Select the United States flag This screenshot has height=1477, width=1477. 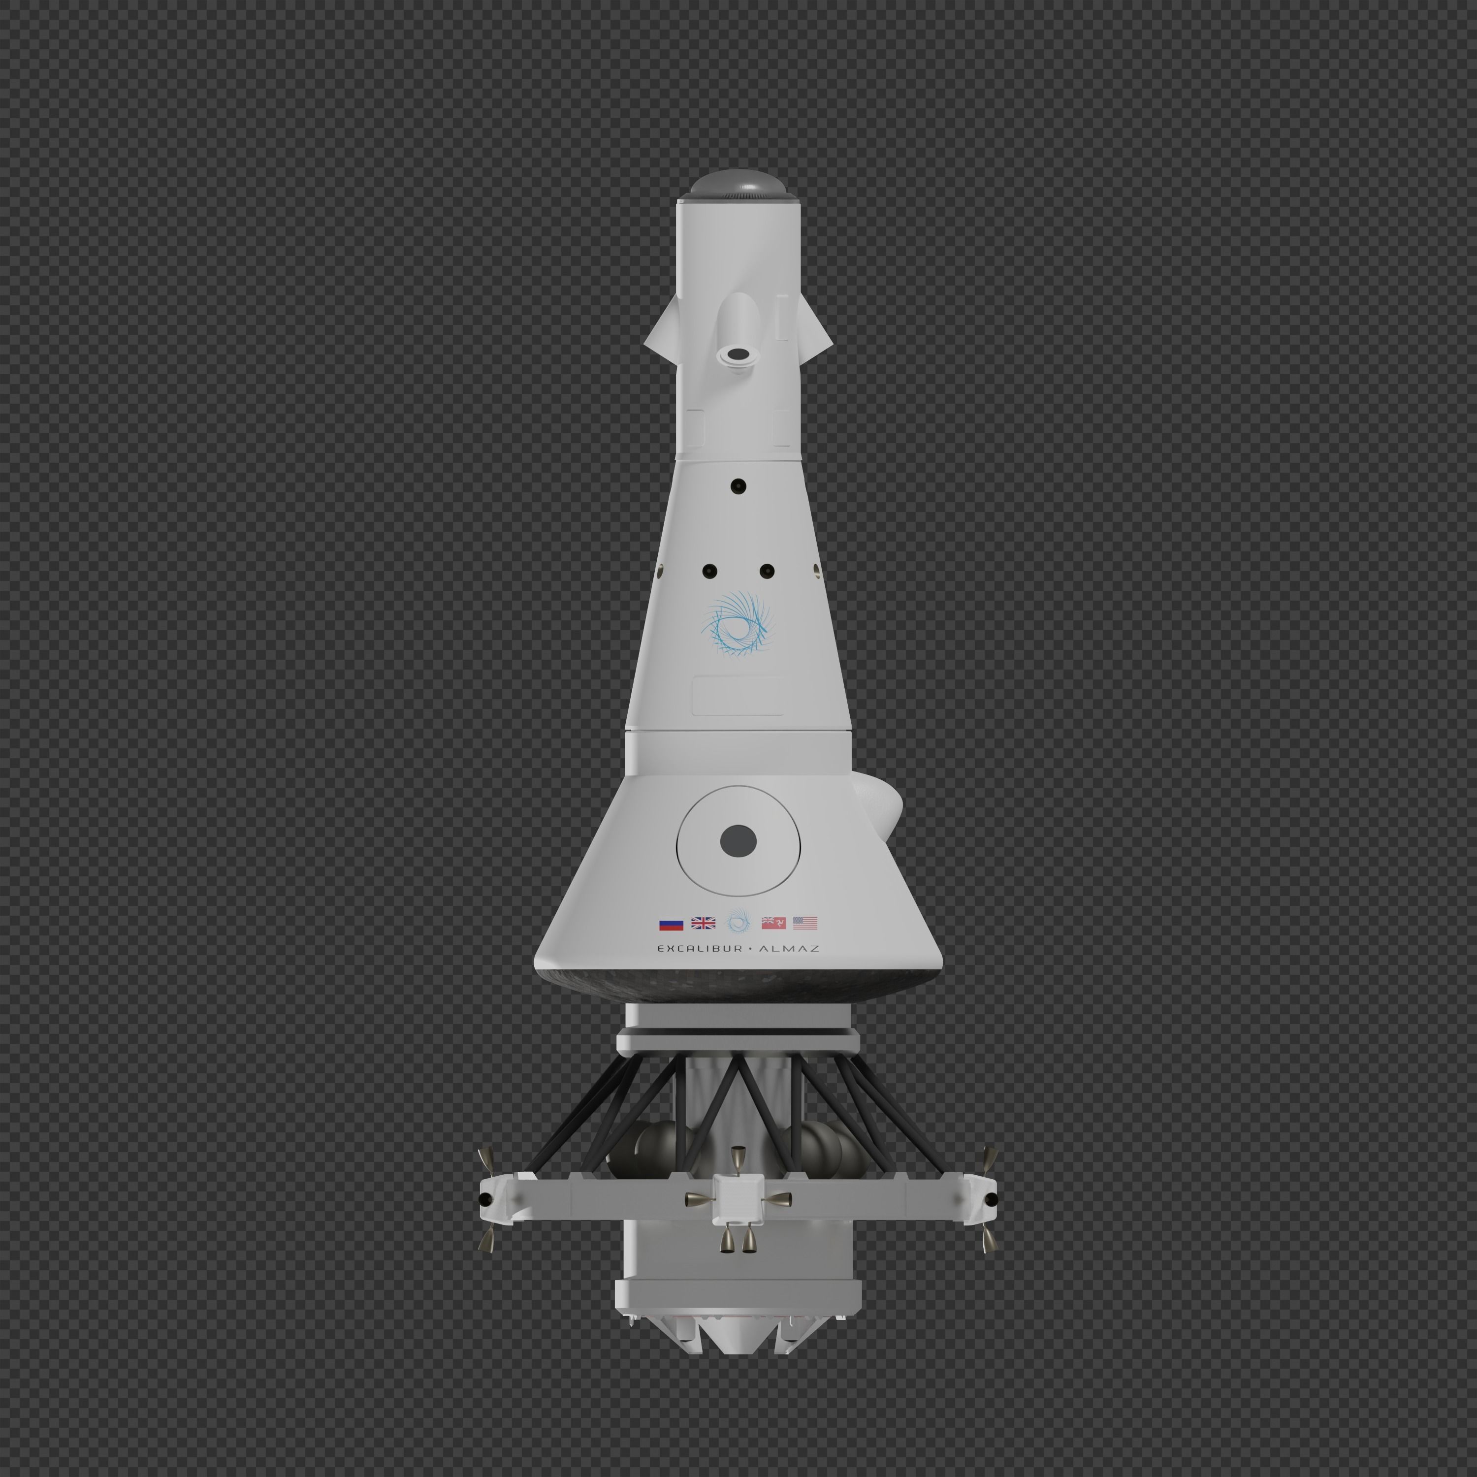(x=805, y=923)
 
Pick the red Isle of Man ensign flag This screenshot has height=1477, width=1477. (x=773, y=923)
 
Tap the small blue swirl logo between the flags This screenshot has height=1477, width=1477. (x=738, y=921)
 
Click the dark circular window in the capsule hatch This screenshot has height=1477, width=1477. (x=738, y=841)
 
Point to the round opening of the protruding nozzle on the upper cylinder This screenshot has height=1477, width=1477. (x=738, y=353)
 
